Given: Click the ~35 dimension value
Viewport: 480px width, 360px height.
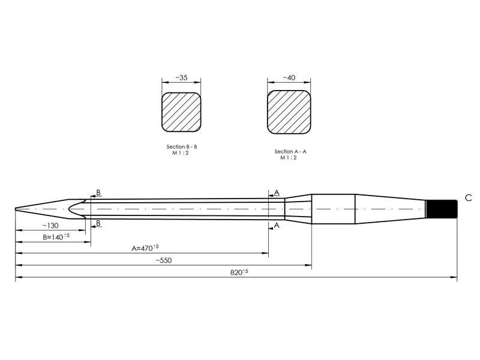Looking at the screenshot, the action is tap(181, 78).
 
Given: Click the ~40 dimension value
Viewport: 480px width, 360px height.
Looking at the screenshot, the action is tap(289, 78).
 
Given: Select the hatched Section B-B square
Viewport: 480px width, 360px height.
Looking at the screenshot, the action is tap(181, 112).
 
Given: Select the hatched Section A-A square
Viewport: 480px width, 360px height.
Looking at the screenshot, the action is tap(289, 112).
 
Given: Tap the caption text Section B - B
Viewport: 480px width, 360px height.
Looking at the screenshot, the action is tap(182, 146).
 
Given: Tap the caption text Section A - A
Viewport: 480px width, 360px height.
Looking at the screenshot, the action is tap(290, 151).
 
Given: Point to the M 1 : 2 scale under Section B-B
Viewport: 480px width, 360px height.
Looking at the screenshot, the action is tap(181, 153).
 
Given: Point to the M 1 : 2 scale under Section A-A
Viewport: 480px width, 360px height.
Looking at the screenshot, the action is tap(289, 157).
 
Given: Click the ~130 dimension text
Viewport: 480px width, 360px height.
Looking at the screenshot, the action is tap(50, 226).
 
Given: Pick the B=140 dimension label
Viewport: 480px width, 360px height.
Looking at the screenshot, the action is tap(56, 236).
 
